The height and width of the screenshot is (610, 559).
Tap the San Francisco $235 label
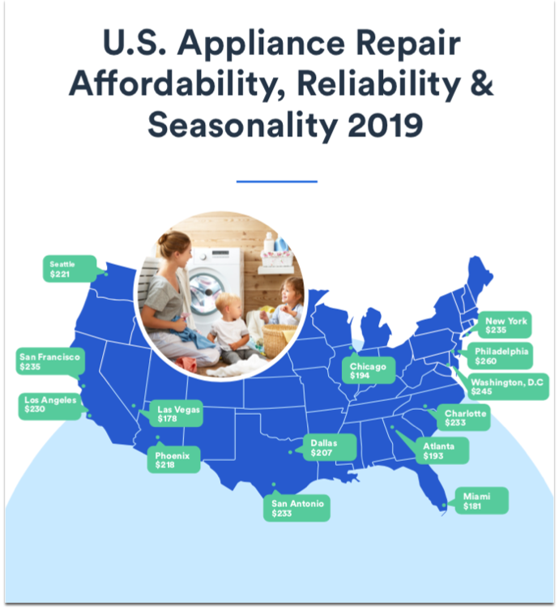point(48,361)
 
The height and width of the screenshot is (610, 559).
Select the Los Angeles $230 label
point(49,405)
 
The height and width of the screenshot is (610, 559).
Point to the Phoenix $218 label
point(173,461)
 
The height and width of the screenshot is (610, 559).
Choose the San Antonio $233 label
point(297,508)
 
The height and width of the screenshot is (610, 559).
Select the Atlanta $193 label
point(438,451)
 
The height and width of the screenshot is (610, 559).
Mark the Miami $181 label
point(480,500)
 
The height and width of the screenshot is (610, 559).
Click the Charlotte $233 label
point(465,418)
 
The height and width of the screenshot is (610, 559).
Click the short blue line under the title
point(277,181)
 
